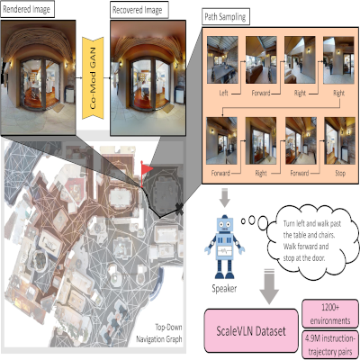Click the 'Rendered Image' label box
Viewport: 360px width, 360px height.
[x=27, y=10]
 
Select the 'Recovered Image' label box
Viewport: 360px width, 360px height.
[x=139, y=10]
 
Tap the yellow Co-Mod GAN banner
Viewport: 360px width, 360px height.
[x=93, y=77]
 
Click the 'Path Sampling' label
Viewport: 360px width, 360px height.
[x=225, y=17]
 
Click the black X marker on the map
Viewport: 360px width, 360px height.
[x=179, y=209]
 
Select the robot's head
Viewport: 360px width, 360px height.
[x=225, y=223]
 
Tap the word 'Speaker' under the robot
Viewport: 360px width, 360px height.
[x=224, y=289]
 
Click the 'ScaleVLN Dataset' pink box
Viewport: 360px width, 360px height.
[x=251, y=330]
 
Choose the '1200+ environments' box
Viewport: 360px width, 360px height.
[x=330, y=314]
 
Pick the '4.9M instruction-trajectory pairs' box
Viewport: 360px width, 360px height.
[x=330, y=345]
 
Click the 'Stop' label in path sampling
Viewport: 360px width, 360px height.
[x=340, y=173]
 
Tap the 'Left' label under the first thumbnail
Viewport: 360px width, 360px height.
[x=223, y=93]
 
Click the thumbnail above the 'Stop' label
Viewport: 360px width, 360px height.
[x=339, y=140]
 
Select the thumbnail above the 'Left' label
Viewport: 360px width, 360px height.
[x=222, y=60]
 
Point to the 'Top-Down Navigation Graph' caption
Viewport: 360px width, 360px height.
[x=159, y=333]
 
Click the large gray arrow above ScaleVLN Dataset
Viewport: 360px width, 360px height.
[x=269, y=286]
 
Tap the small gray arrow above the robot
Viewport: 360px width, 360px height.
[x=225, y=198]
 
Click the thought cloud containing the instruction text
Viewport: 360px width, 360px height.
[x=312, y=241]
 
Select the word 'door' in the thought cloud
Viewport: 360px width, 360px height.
[x=318, y=257]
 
